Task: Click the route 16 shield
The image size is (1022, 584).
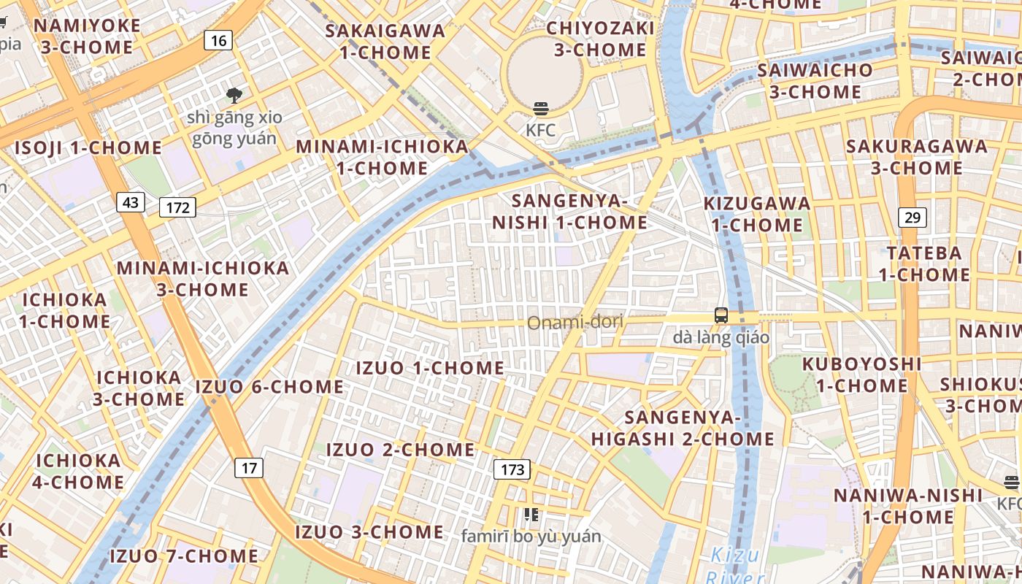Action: point(218,40)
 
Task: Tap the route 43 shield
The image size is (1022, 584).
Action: point(131,202)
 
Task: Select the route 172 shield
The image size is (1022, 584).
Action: point(178,208)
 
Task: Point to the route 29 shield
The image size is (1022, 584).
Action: point(912,217)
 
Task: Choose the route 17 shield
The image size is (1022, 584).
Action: point(249,467)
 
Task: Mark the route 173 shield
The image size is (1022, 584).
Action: point(512,469)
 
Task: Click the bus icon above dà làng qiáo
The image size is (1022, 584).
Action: point(721,315)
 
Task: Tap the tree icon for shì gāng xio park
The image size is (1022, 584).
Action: point(234,94)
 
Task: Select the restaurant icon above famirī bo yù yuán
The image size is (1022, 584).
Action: point(531,515)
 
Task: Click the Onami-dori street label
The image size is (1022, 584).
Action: point(575,322)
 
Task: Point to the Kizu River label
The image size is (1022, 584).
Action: point(735,564)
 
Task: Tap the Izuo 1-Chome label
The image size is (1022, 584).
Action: point(430,368)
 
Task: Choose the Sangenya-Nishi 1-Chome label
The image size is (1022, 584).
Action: point(569,212)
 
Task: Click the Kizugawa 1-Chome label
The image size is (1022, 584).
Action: point(757,214)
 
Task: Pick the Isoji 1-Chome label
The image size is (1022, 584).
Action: point(88,148)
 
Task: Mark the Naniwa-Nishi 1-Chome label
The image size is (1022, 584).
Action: point(908,506)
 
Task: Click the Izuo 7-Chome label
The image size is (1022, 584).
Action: point(183,556)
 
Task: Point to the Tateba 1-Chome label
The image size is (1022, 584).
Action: point(923,264)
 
